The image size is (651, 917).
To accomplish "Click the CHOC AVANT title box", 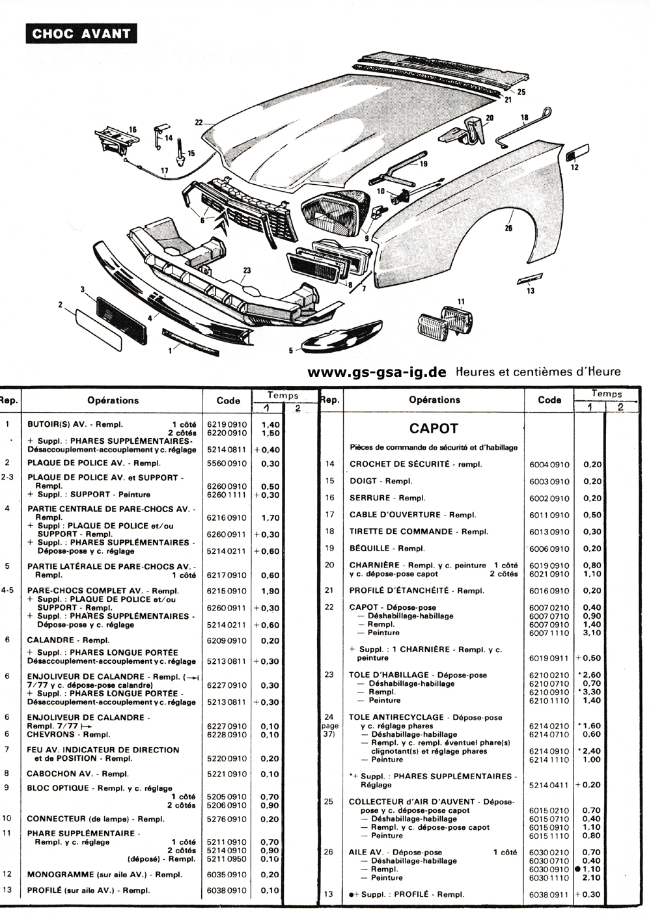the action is [x=81, y=34].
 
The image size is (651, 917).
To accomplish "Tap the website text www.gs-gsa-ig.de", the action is [x=377, y=372].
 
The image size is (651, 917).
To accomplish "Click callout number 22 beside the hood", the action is [x=199, y=122].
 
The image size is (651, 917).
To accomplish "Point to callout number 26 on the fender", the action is [x=508, y=228].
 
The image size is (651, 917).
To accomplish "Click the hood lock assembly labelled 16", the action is [x=116, y=141].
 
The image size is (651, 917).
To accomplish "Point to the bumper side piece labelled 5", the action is [x=342, y=336].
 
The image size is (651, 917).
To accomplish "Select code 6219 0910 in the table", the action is [x=227, y=425].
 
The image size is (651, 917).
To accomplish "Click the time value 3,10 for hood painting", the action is [x=592, y=633].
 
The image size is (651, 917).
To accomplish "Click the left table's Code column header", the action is [x=228, y=401].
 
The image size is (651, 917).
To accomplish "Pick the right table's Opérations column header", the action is [x=434, y=400].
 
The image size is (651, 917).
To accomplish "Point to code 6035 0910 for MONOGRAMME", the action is [x=227, y=875].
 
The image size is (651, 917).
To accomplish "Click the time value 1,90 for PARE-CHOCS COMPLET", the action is [x=270, y=591].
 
